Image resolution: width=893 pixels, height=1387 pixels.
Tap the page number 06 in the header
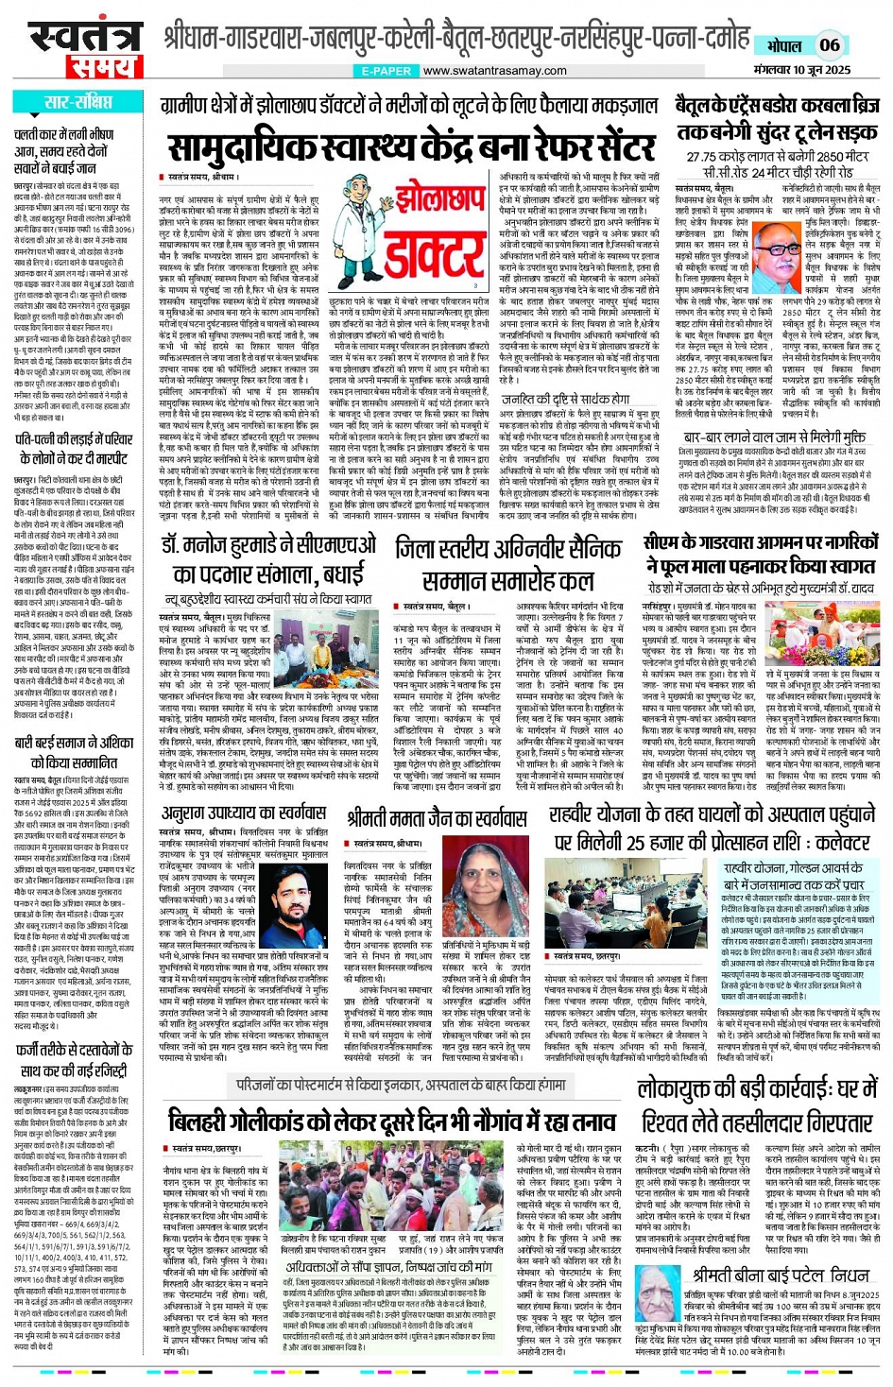coord(829,44)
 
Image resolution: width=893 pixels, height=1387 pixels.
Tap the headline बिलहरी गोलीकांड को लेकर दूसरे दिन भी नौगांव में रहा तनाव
coord(393,1122)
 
